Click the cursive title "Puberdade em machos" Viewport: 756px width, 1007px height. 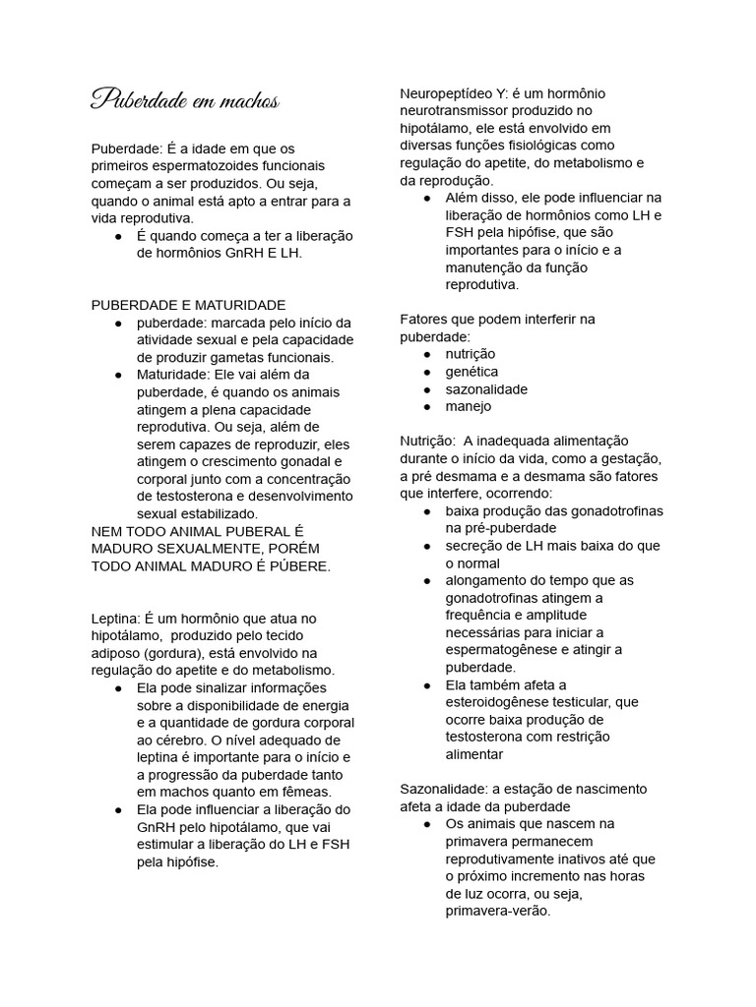coord(184,100)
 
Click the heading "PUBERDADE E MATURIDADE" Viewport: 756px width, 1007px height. coord(188,305)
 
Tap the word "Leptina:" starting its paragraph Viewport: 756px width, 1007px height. coord(115,618)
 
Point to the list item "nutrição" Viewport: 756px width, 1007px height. coord(471,354)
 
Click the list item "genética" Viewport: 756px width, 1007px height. coord(472,372)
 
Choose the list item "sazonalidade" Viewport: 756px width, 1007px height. coord(486,388)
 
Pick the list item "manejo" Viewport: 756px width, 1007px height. coord(469,406)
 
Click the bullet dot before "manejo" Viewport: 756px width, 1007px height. coord(427,406)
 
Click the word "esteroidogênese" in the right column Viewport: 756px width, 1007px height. coord(493,702)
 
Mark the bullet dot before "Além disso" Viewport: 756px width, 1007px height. coord(427,198)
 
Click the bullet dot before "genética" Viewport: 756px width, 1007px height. coord(427,372)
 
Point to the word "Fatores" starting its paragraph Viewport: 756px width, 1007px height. coord(423,319)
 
